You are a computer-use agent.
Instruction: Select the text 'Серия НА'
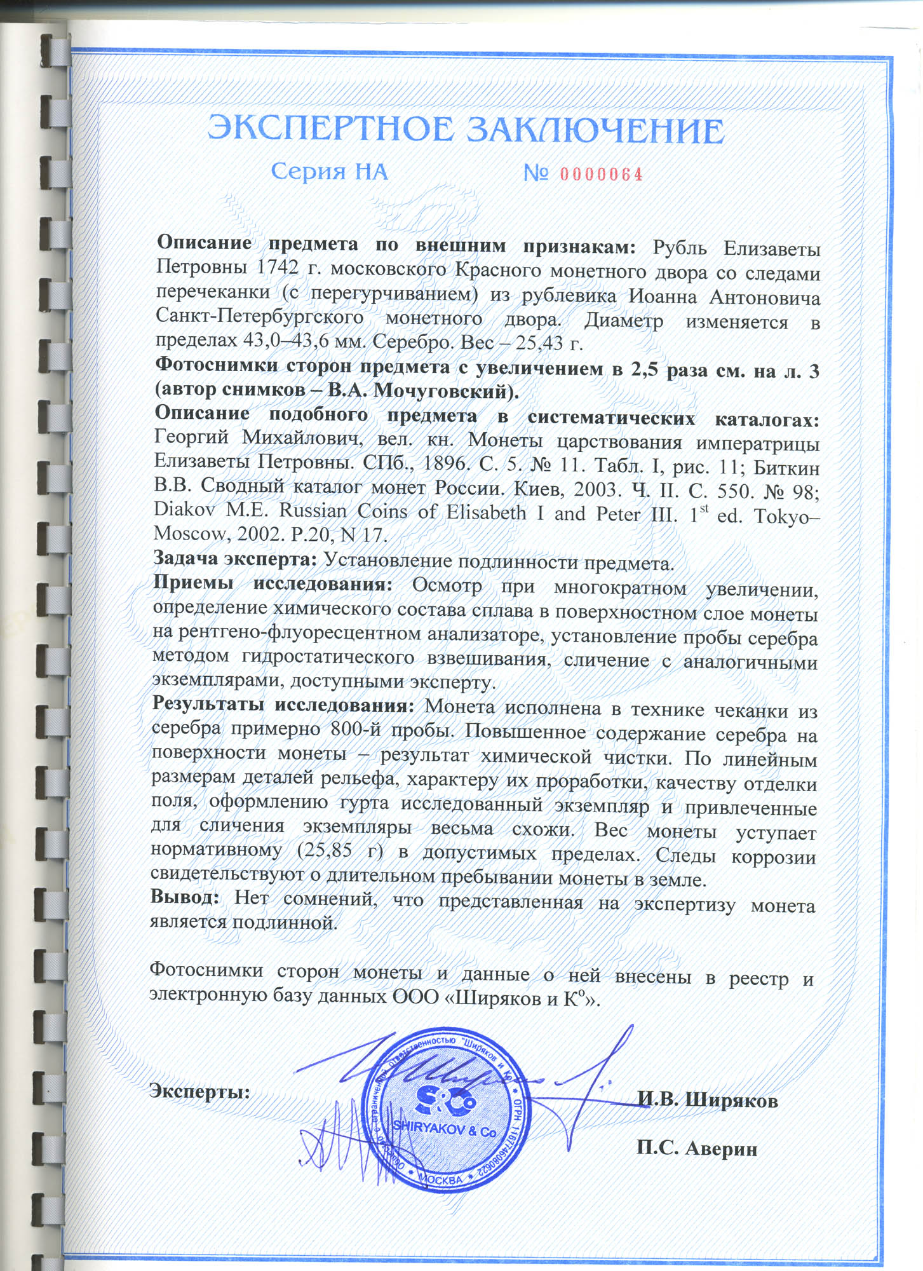tap(329, 172)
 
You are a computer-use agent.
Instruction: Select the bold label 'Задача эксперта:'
tap(234, 559)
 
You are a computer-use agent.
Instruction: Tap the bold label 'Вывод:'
tap(185, 898)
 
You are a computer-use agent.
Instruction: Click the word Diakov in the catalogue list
tap(187, 510)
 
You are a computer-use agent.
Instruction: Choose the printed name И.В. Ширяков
tap(707, 1099)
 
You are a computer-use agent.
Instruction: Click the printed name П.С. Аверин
tap(697, 1148)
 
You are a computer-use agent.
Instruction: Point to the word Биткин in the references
tap(786, 468)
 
